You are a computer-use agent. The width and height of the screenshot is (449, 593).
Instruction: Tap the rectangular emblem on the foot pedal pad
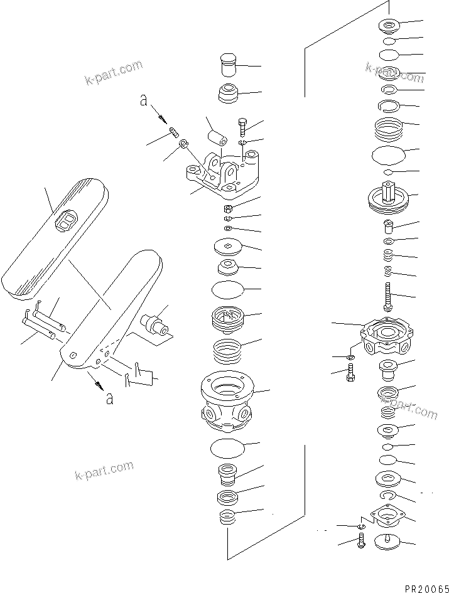[x=65, y=221]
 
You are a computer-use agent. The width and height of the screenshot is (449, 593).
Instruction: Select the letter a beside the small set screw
[x=144, y=100]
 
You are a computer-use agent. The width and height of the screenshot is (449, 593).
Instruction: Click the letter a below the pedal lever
[x=110, y=398]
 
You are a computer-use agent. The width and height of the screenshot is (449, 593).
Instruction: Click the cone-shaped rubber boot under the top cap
[x=227, y=93]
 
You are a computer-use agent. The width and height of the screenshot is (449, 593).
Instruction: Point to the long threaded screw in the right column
[x=388, y=295]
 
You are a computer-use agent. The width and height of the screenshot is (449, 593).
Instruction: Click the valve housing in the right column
[x=385, y=335]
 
